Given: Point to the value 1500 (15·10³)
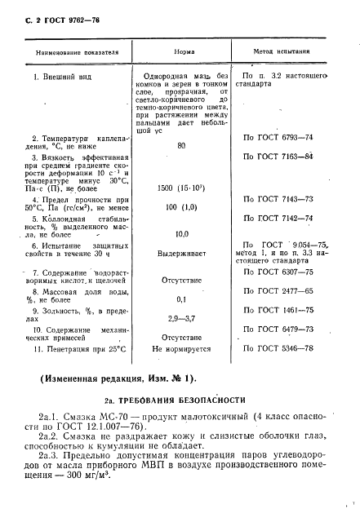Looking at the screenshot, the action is [182, 188].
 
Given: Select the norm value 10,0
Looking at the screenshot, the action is [181, 233].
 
